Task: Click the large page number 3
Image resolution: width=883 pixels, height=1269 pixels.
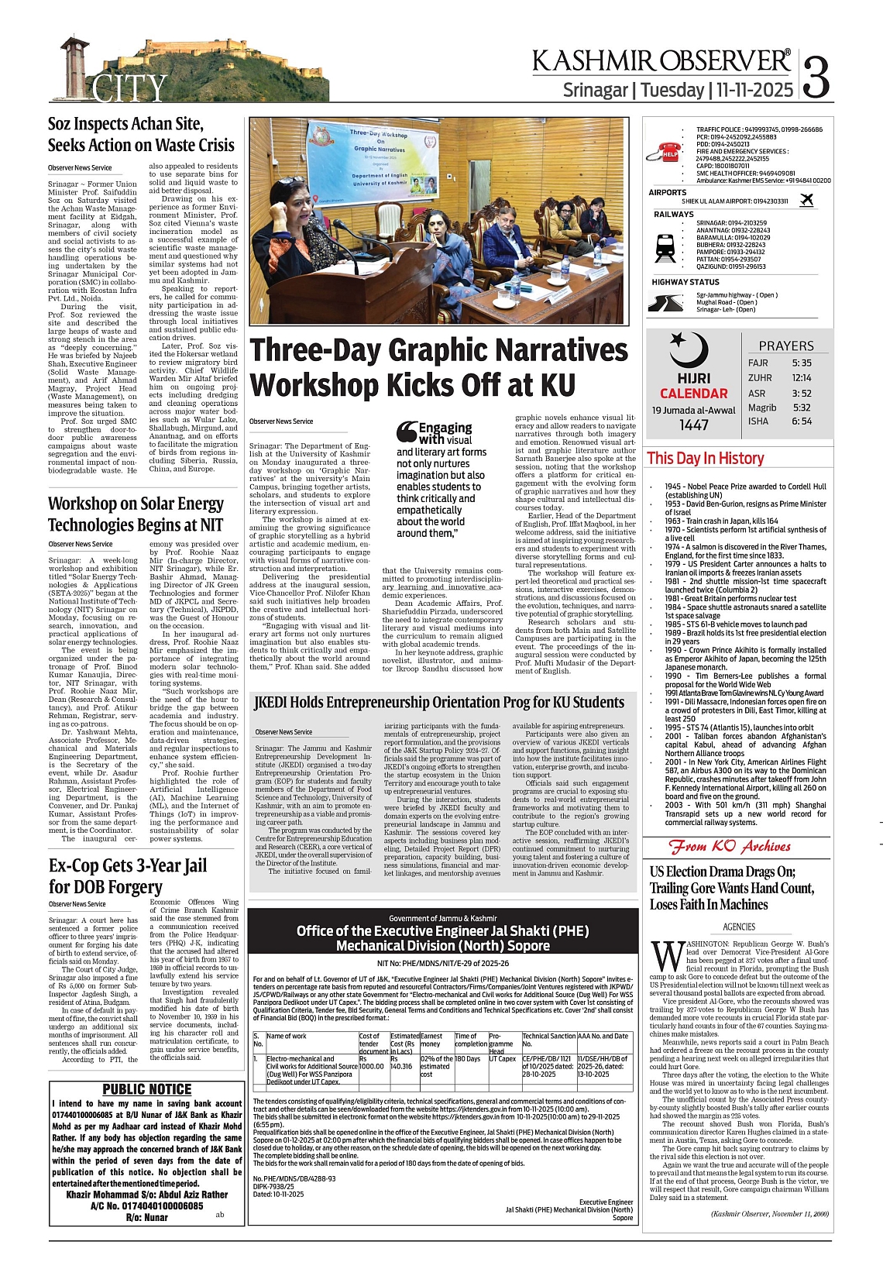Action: point(817,76)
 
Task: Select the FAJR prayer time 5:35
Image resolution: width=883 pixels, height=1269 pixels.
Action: point(802,363)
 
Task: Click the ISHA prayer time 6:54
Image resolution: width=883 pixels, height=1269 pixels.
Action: point(802,421)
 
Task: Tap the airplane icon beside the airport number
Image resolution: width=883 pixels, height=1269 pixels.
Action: point(806,201)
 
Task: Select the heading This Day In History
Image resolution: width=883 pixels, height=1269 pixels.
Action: point(705,458)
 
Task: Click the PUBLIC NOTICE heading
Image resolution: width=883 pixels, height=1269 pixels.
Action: point(147,1089)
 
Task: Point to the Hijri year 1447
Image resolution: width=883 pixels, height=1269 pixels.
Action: point(693,425)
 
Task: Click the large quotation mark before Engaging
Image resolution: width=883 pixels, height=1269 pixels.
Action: point(406,432)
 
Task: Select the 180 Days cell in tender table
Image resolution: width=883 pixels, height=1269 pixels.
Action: point(468,1058)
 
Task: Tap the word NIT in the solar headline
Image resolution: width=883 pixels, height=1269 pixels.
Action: point(211,524)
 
